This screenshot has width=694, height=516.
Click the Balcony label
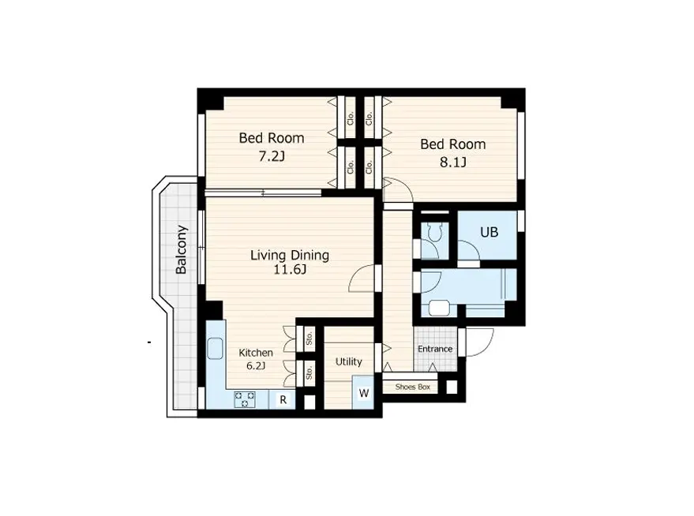coord(182,250)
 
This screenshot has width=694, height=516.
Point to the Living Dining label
coord(289,255)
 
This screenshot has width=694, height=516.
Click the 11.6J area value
coord(289,270)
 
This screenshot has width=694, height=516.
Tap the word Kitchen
coord(256,353)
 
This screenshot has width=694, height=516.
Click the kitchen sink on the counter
coord(216,350)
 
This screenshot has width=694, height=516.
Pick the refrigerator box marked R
coord(282,400)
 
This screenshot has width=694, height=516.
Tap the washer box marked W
coord(364,393)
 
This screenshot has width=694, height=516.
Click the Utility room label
coord(348,361)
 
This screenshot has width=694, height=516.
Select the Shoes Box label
coord(412,387)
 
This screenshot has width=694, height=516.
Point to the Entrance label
coord(435,349)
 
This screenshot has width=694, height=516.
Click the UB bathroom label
coord(490,233)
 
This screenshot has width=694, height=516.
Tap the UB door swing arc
coord(468,251)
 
